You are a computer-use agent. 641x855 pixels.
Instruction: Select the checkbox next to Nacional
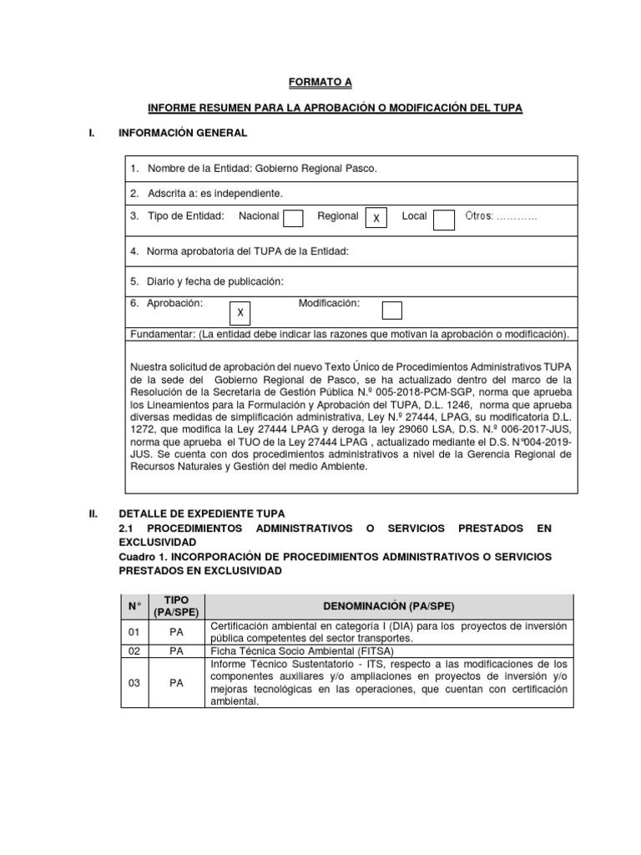293,218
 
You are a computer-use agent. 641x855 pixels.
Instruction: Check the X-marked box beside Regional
376,218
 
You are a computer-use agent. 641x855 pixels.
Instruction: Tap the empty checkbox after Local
444,218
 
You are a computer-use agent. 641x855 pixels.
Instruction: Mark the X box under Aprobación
240,312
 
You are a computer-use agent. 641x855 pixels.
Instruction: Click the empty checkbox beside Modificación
391,311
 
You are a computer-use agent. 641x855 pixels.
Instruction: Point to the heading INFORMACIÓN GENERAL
183,133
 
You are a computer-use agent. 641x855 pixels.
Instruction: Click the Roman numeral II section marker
93,513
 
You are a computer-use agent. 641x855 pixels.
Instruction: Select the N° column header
134,605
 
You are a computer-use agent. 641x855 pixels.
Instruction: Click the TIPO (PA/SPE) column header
176,605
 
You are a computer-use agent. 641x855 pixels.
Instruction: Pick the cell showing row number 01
134,632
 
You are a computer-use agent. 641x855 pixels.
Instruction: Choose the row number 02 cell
134,650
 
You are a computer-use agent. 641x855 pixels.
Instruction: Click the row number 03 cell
134,682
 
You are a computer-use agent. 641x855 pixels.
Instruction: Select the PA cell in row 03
176,682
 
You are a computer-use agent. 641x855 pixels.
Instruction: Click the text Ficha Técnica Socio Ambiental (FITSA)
302,650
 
